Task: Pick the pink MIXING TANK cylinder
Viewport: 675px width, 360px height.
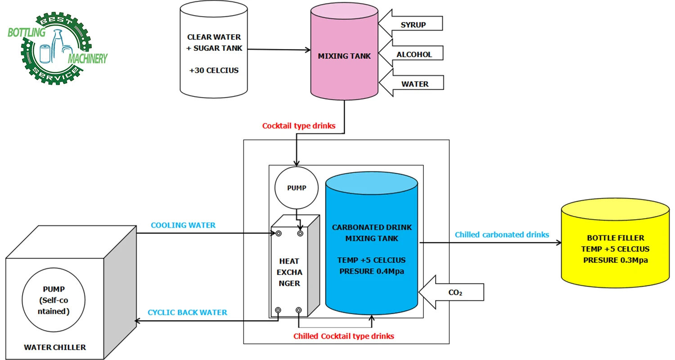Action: coord(344,56)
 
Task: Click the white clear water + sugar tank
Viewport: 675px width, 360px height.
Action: coord(214,49)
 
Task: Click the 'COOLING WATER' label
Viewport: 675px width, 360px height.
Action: coord(183,225)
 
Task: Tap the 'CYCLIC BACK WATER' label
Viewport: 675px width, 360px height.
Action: coord(188,312)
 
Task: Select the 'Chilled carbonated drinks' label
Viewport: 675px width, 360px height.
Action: coord(502,234)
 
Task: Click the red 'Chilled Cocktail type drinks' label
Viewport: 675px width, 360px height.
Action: coord(344,336)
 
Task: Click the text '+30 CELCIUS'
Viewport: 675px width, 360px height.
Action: coord(214,71)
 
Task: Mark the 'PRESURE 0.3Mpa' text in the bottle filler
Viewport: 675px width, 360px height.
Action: coord(615,260)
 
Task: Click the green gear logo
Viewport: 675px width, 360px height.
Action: coord(56,47)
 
